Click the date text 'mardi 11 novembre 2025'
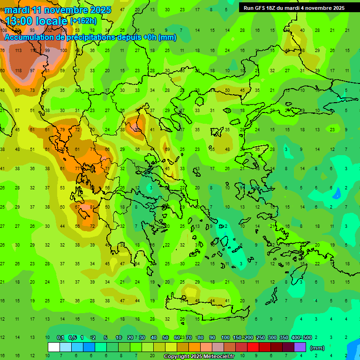pyautogui.click(x=58, y=10)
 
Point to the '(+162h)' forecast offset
pyautogui.click(x=84, y=21)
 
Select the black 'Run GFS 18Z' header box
pyautogui.click(x=294, y=7)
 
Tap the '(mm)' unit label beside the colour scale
pyautogui.click(x=317, y=348)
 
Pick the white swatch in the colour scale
pyautogui.click(x=54, y=347)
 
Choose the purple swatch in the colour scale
pyautogui.click(x=300, y=347)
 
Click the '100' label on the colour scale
pyautogui.click(x=225, y=338)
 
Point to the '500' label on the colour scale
pyautogui.click(x=307, y=338)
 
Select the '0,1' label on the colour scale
pyautogui.click(x=60, y=338)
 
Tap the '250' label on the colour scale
pyautogui.click(x=261, y=338)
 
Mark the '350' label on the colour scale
pyautogui.click(x=284, y=338)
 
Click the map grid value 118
pyautogui.click(x=18, y=70)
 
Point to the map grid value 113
pyautogui.click(x=18, y=50)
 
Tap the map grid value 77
pyautogui.click(x=77, y=168)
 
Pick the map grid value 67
pyautogui.click(x=77, y=207)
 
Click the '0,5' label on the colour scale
pyautogui.click(x=72, y=338)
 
